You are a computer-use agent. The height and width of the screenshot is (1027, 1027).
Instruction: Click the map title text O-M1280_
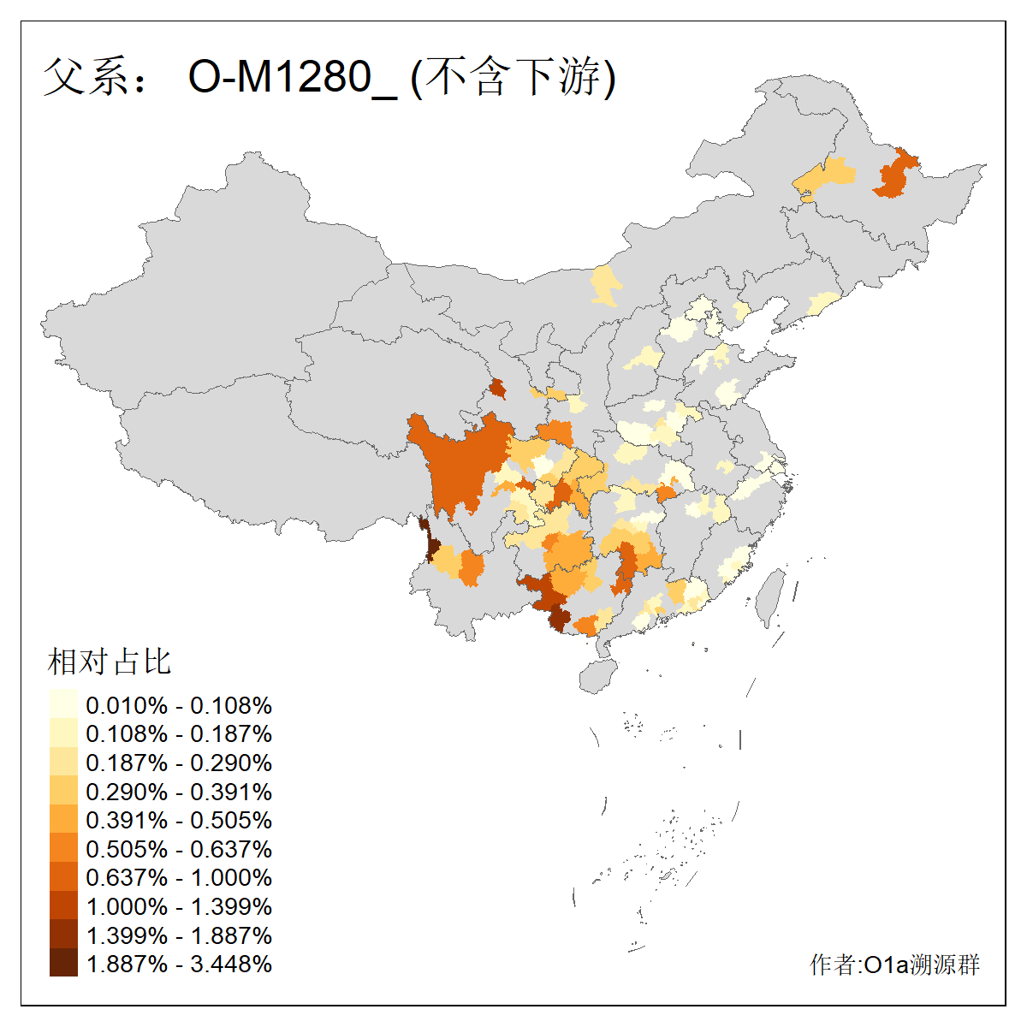pyautogui.click(x=292, y=78)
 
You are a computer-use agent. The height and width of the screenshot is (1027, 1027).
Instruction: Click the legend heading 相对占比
pyautogui.click(x=110, y=662)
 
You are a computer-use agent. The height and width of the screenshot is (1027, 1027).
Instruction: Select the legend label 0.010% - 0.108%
pyautogui.click(x=179, y=705)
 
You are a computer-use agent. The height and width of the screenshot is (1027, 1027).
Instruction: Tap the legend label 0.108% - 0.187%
pyautogui.click(x=179, y=734)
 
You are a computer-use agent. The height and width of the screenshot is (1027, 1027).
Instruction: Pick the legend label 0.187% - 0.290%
pyautogui.click(x=179, y=763)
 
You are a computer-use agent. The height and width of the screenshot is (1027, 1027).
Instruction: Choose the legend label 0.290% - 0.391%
pyautogui.click(x=179, y=792)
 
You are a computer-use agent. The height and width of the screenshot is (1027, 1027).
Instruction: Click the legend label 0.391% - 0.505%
pyautogui.click(x=179, y=820)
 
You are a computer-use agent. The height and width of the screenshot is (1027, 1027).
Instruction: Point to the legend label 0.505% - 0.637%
pyautogui.click(x=179, y=849)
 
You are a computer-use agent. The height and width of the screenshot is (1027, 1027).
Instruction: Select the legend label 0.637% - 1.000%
pyautogui.click(x=179, y=877)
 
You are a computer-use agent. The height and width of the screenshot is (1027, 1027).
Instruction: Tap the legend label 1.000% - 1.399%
pyautogui.click(x=179, y=906)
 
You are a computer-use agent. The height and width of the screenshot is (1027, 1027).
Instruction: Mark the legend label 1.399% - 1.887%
pyautogui.click(x=179, y=935)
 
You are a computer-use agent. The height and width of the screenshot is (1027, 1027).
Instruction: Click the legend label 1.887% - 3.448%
pyautogui.click(x=179, y=964)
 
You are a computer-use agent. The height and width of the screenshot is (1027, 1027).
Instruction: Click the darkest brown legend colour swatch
pyautogui.click(x=63, y=964)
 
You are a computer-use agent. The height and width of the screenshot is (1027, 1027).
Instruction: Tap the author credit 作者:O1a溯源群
pyautogui.click(x=894, y=965)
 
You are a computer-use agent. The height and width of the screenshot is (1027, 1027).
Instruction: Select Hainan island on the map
pyautogui.click(x=598, y=675)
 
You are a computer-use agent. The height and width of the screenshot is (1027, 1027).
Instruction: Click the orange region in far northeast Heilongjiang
pyautogui.click(x=895, y=175)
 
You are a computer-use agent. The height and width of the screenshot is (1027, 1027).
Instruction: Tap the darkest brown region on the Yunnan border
pyautogui.click(x=433, y=548)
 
